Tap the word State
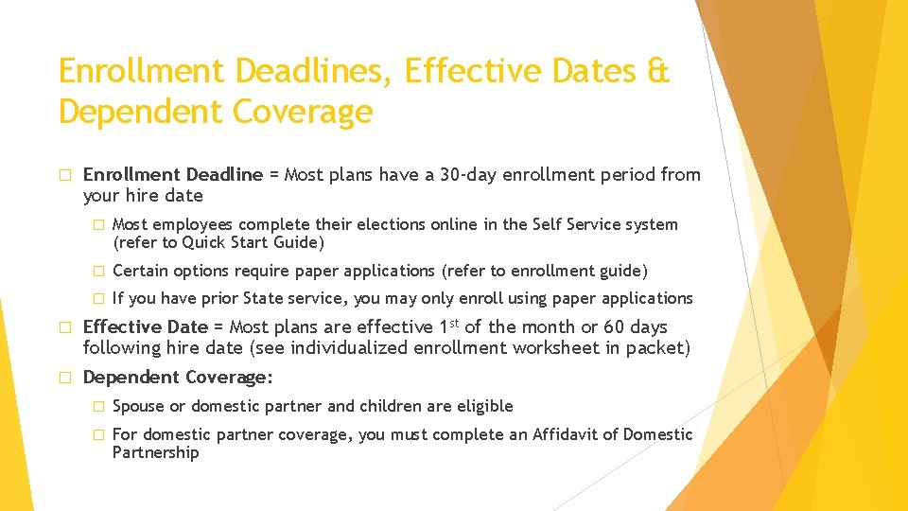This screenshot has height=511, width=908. [x=270, y=298]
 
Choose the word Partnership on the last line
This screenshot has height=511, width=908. [x=155, y=453]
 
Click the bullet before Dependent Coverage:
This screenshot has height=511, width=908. [x=65, y=378]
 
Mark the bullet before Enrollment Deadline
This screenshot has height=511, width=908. [x=65, y=175]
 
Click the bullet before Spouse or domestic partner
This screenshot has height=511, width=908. [x=96, y=407]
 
